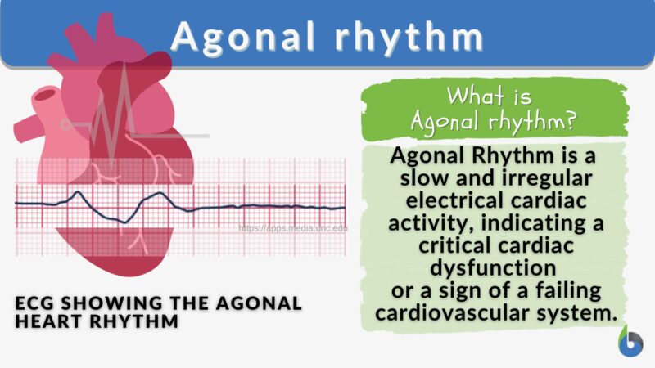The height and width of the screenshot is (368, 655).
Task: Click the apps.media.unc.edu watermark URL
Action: click(x=292, y=229)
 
